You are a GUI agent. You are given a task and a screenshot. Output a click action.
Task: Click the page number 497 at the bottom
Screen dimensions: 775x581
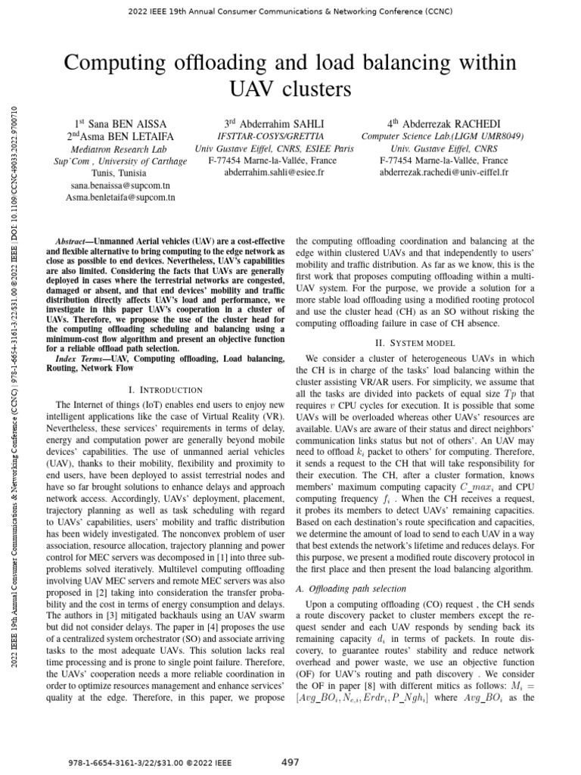point(290,761)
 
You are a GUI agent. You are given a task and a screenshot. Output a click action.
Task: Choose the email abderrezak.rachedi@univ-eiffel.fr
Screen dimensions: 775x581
point(443,173)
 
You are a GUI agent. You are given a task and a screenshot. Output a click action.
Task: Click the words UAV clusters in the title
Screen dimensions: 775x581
point(290,89)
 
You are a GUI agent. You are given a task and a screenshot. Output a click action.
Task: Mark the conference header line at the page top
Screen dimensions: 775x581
point(290,11)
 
